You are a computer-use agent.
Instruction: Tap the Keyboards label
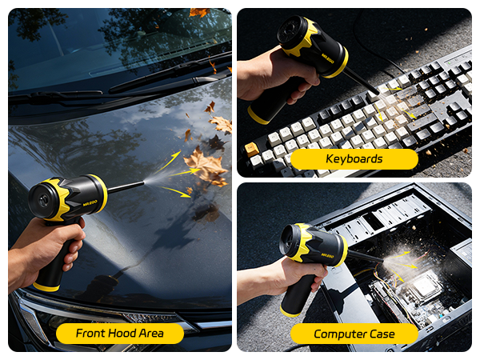(x=354, y=159)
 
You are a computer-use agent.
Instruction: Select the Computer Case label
(x=354, y=334)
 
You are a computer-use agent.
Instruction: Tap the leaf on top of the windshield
(x=198, y=12)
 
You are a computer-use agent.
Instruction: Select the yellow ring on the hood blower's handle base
(x=46, y=286)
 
